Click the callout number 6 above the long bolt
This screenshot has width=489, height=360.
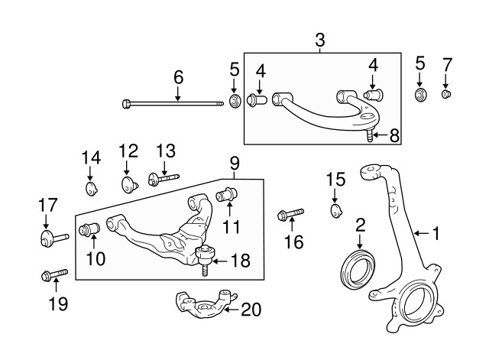(178, 76)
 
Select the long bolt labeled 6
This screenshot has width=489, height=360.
(176, 102)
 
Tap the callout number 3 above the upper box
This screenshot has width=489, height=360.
(320, 39)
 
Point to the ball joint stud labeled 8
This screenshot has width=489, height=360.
(370, 136)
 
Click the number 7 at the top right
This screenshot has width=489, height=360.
(447, 63)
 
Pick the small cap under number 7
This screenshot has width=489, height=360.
(447, 94)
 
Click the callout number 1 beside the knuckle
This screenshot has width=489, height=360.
(436, 232)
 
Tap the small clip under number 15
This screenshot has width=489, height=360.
(336, 209)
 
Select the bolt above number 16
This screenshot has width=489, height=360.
(293, 212)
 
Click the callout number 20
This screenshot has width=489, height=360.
(251, 310)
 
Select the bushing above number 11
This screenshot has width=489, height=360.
(227, 193)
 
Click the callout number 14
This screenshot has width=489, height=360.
(91, 158)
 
